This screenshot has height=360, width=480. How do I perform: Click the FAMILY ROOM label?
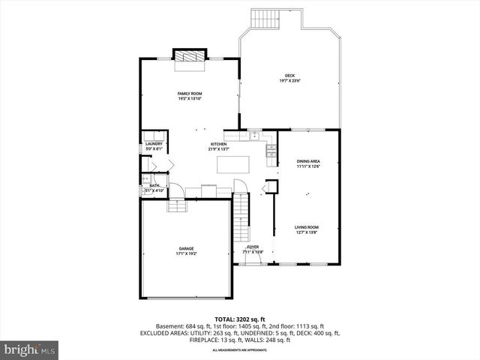[190, 94]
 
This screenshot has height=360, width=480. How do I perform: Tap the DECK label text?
[289, 76]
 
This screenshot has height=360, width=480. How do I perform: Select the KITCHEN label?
[218, 144]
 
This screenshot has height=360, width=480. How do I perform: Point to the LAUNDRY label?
[154, 144]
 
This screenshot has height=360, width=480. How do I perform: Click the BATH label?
[154, 185]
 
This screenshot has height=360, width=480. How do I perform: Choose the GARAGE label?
[186, 248]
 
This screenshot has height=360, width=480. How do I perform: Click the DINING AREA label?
[308, 161]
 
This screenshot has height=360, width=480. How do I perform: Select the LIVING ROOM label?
[306, 227]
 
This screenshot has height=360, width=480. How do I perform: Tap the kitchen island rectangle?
[232, 163]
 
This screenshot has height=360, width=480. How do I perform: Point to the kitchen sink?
[255, 136]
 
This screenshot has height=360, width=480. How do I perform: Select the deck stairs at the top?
[262, 18]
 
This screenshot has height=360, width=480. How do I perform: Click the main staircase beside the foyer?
[241, 214]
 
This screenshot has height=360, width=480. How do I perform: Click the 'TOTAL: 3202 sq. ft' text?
[239, 319]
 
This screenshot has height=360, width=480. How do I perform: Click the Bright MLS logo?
[30, 349]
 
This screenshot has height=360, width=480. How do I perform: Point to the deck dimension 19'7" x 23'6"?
[289, 81]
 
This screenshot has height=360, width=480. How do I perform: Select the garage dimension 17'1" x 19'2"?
[186, 253]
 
